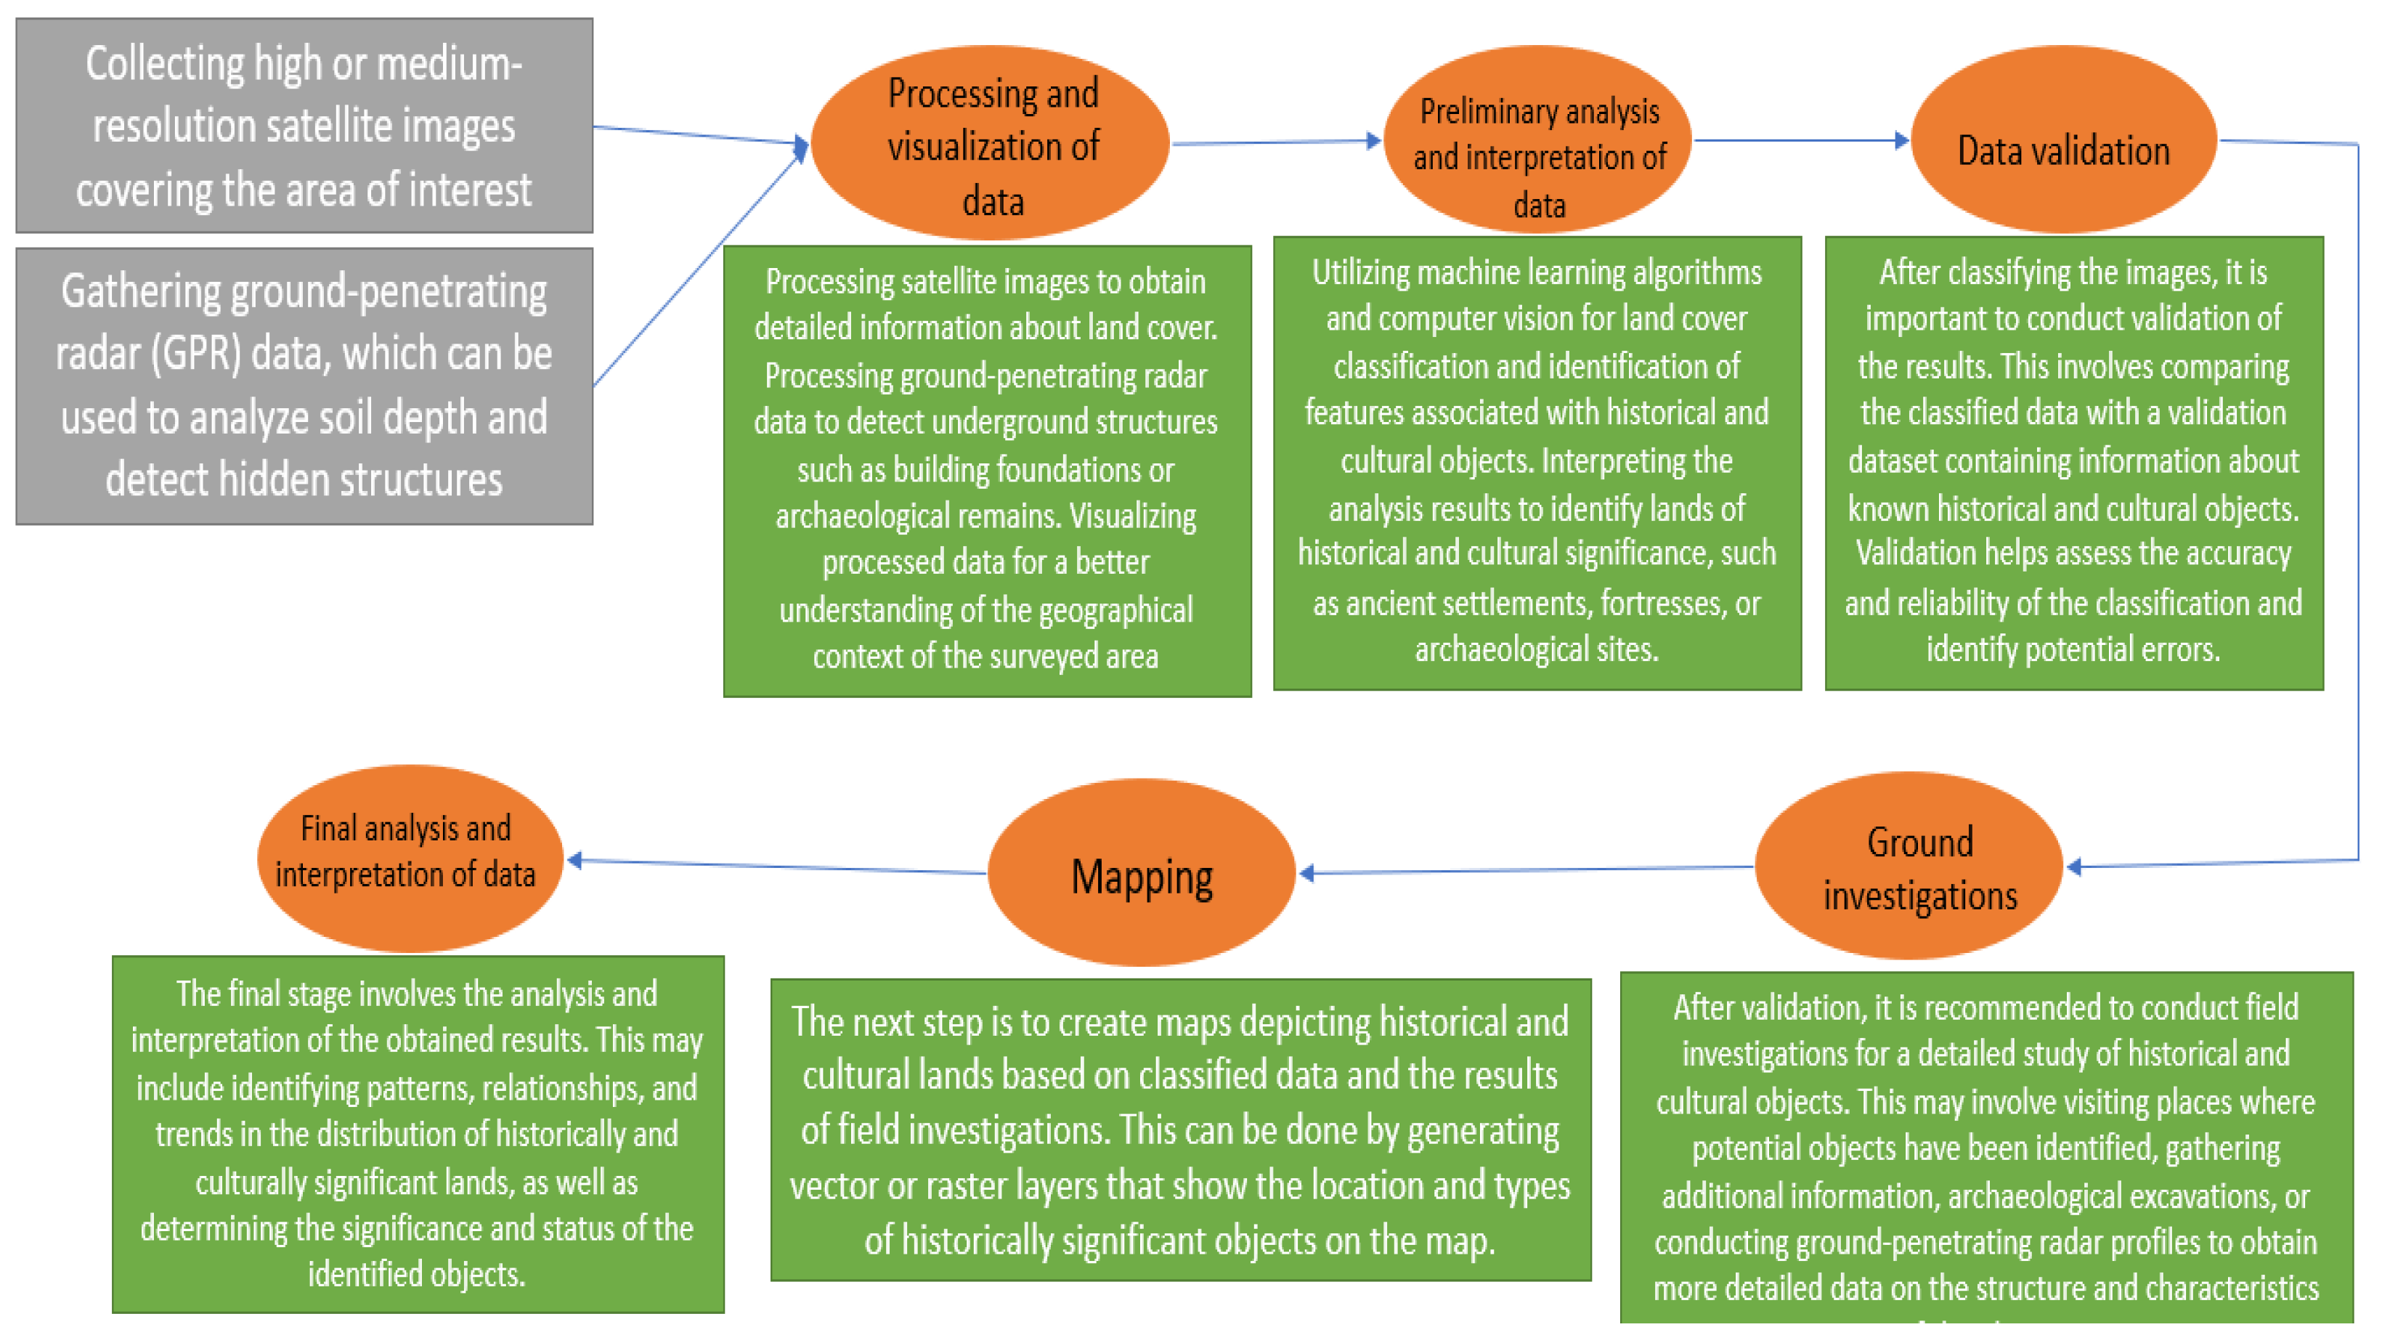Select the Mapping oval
point(1141,874)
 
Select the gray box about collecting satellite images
point(304,126)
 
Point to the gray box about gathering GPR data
point(304,386)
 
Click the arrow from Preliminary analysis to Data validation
point(1799,141)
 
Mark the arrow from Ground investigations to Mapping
point(1526,869)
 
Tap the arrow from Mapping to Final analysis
point(777,866)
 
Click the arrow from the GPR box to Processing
point(698,268)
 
